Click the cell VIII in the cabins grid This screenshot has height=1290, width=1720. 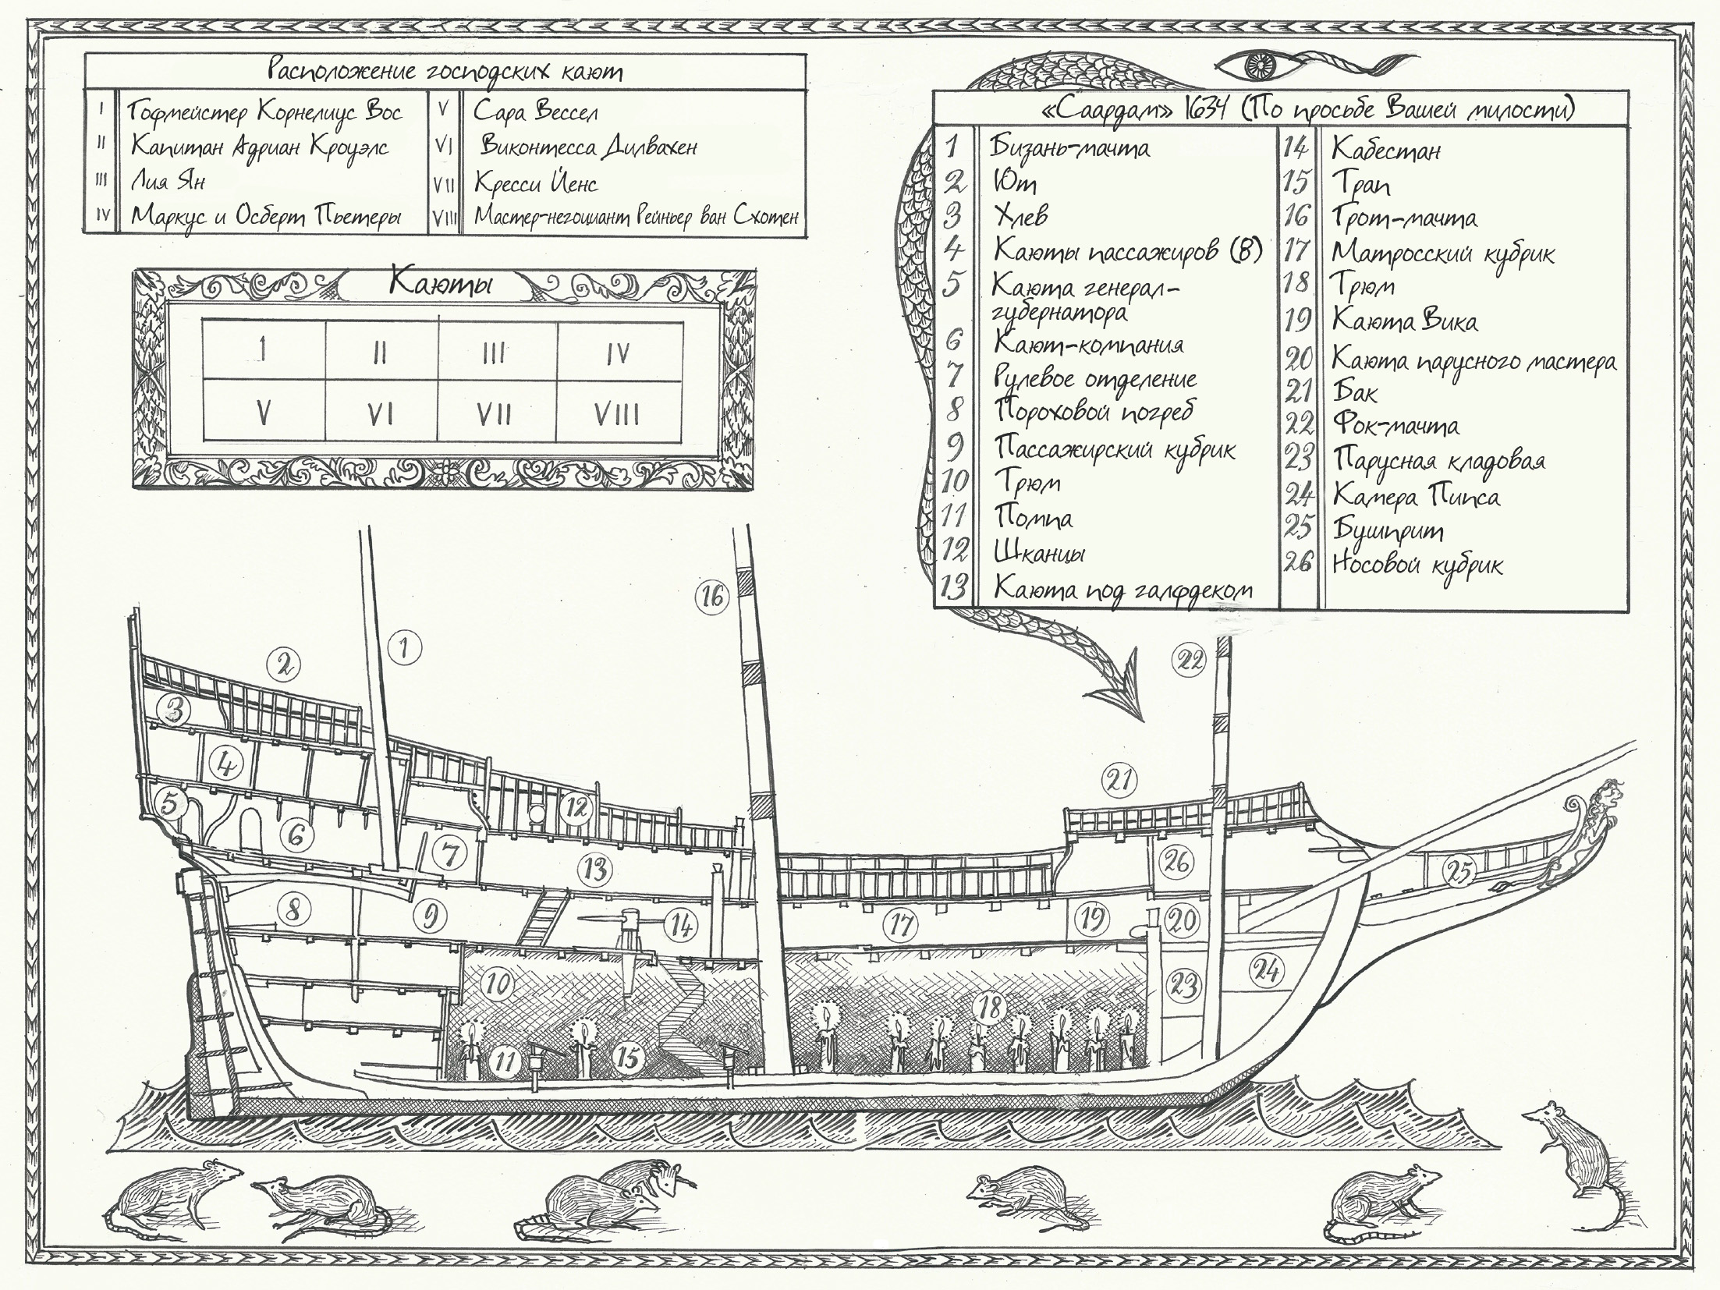point(616,414)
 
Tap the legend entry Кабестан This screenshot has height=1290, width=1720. point(1385,149)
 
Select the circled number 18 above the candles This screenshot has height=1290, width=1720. point(990,1008)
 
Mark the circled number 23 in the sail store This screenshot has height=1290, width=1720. point(1184,986)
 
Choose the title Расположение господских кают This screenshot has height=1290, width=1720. point(445,72)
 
